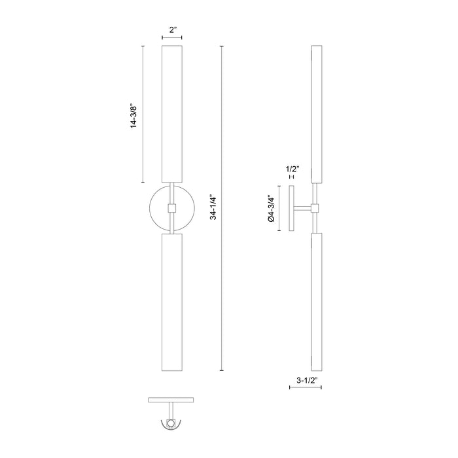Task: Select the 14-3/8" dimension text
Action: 134,114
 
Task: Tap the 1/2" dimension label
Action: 292,169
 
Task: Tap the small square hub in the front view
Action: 171,209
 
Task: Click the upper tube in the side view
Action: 317,114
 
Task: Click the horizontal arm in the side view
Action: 304,209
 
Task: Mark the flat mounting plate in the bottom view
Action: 171,400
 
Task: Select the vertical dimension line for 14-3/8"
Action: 143,114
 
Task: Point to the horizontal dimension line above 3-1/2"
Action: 306,387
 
